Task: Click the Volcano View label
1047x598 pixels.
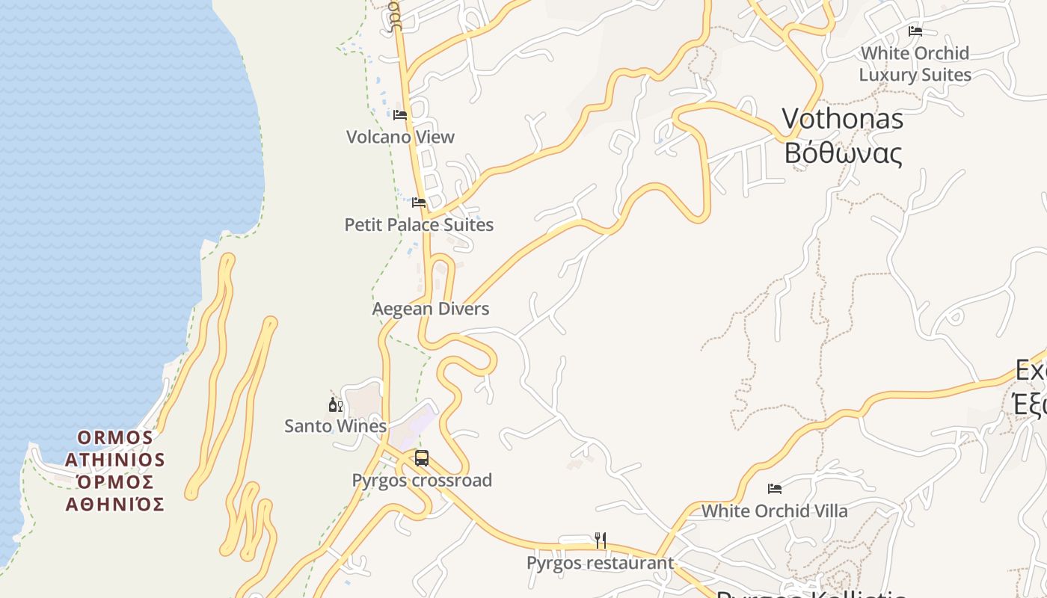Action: pyautogui.click(x=400, y=137)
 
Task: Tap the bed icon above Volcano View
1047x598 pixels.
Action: pyautogui.click(x=400, y=115)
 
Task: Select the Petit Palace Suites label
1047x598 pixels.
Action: pyautogui.click(x=419, y=224)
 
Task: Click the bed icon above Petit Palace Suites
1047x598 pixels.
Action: pyautogui.click(x=419, y=203)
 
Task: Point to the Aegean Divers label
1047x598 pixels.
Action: pyautogui.click(x=431, y=309)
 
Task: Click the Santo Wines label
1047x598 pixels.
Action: pyautogui.click(x=336, y=426)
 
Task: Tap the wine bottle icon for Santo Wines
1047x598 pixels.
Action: pyautogui.click(x=336, y=405)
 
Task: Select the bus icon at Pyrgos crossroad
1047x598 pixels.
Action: pyautogui.click(x=422, y=458)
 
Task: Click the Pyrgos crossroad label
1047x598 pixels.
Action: pyautogui.click(x=422, y=480)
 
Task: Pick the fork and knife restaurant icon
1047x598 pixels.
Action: pyautogui.click(x=600, y=540)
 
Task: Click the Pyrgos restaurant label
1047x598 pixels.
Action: pyautogui.click(x=600, y=563)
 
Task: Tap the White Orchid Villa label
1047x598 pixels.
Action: pyautogui.click(x=775, y=511)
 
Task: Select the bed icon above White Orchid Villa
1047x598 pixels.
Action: pyautogui.click(x=775, y=489)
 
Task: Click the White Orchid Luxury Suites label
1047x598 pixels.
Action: pyautogui.click(x=915, y=64)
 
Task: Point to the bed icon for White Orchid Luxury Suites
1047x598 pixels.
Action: pyautogui.click(x=915, y=31)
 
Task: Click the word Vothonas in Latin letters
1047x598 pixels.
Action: pyautogui.click(x=843, y=119)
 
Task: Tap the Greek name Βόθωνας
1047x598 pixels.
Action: pyautogui.click(x=843, y=153)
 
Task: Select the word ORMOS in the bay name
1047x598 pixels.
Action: pyautogui.click(x=115, y=437)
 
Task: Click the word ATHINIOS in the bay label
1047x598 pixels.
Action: pyautogui.click(x=115, y=459)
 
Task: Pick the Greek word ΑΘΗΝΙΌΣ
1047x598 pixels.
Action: pyautogui.click(x=115, y=505)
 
